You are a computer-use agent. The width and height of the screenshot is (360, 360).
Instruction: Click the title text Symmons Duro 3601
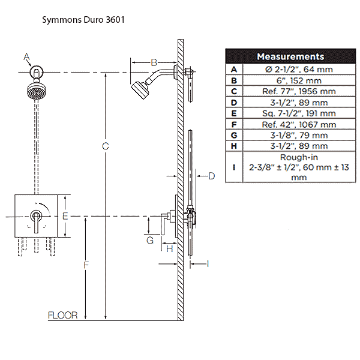[x=83, y=19]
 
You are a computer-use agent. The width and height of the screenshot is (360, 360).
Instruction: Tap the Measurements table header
[x=290, y=56]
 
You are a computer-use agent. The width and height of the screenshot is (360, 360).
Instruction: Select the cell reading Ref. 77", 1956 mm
[x=300, y=91]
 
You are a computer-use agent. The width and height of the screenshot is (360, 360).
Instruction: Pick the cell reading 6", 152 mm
[x=300, y=80]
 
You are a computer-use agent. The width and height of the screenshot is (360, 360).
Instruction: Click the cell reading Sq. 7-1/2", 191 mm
[x=300, y=113]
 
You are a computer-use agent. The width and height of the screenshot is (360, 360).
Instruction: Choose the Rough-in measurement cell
[x=299, y=167]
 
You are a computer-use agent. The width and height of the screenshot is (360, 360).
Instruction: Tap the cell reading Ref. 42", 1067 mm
[x=300, y=124]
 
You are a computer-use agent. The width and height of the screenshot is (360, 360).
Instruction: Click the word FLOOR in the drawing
[x=63, y=315]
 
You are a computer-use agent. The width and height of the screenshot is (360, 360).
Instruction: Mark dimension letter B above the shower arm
[x=154, y=62]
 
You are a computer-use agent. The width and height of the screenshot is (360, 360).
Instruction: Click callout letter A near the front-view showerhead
[x=26, y=57]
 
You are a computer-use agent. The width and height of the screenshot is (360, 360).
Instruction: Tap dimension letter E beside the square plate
[x=66, y=215]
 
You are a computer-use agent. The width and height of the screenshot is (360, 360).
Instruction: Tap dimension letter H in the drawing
[x=170, y=248]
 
